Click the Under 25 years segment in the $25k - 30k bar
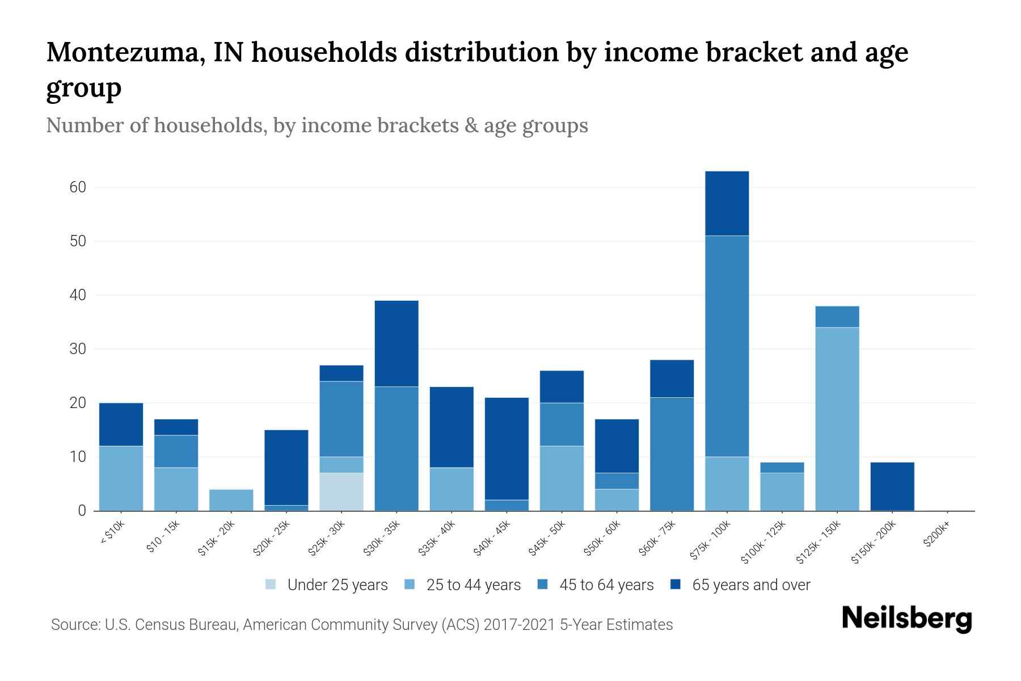click(341, 491)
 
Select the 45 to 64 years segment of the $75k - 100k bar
click(727, 346)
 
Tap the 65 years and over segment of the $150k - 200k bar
click(892, 486)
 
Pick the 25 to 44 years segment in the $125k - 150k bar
click(837, 419)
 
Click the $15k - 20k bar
click(231, 500)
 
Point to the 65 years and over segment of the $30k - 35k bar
click(396, 343)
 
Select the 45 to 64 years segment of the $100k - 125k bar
click(782, 468)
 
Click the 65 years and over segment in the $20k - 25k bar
click(286, 468)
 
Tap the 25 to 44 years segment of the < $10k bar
click(121, 478)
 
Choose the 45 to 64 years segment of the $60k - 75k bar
click(672, 454)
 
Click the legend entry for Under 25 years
click(327, 585)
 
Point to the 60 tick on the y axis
click(78, 187)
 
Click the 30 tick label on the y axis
click(78, 349)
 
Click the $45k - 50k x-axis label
click(548, 539)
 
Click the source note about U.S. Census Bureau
click(361, 625)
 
